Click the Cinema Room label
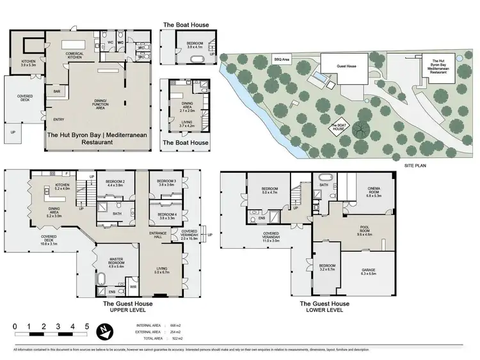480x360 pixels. click(x=374, y=192)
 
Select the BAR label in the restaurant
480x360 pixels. click(x=57, y=91)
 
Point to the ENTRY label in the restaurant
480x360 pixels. click(x=59, y=120)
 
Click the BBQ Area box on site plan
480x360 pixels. click(x=282, y=59)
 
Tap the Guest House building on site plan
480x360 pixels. click(x=346, y=66)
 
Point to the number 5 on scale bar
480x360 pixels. click(x=87, y=326)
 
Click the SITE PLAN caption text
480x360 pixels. click(x=417, y=164)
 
